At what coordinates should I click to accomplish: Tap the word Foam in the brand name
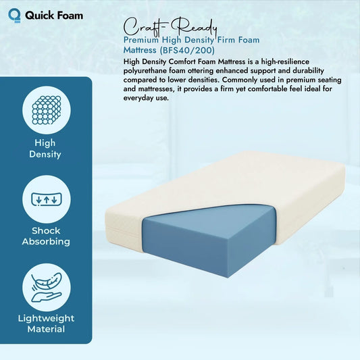(68, 14)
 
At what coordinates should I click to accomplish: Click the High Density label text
(45, 149)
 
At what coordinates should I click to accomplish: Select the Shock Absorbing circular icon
(45, 199)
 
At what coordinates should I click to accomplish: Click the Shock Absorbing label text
(45, 236)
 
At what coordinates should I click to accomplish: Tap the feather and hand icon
(45, 287)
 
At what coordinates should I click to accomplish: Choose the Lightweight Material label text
(45, 324)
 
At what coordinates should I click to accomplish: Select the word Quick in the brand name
(38, 14)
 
